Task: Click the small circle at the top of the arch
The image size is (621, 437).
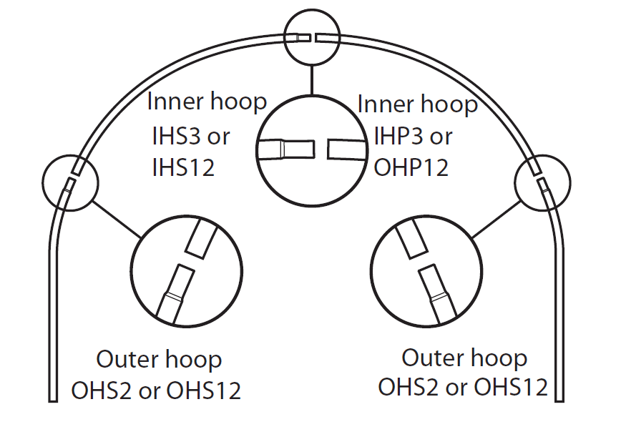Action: point(310,36)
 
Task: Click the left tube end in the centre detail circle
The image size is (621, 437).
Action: point(286,149)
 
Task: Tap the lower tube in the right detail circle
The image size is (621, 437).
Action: point(437,292)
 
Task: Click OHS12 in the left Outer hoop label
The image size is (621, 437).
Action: point(204,391)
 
